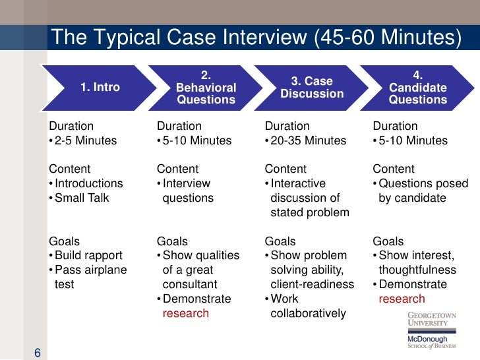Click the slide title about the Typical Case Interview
pyautogui.click(x=256, y=38)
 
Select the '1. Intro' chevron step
pyautogui.click(x=100, y=87)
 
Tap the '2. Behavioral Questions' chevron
pyautogui.click(x=206, y=88)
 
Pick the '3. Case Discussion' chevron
pyautogui.click(x=312, y=88)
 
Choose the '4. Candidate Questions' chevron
pyautogui.click(x=417, y=88)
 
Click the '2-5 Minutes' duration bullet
pyautogui.click(x=84, y=140)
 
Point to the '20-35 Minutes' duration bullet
pyautogui.click(x=307, y=140)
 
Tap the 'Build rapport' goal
pyautogui.click(x=88, y=255)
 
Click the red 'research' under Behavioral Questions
pyautogui.click(x=185, y=313)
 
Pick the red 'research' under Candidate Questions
pyautogui.click(x=402, y=299)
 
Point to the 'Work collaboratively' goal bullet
pyautogui.click(x=307, y=306)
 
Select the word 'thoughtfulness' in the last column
pyautogui.click(x=417, y=270)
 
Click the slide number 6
pyautogui.click(x=38, y=353)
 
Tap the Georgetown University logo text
pyautogui.click(x=431, y=319)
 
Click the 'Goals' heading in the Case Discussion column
pyautogui.click(x=280, y=241)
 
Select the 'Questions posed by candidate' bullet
pyautogui.click(x=412, y=191)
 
